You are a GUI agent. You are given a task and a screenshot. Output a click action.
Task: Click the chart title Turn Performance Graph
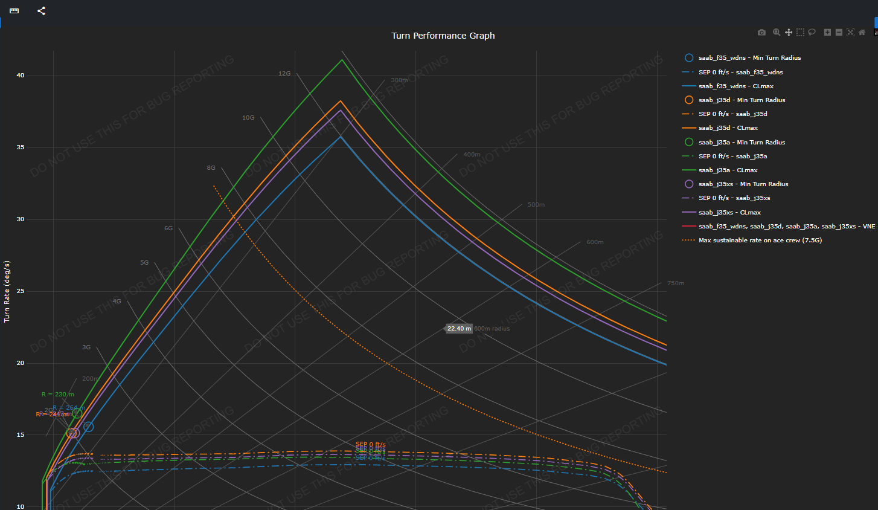(x=443, y=36)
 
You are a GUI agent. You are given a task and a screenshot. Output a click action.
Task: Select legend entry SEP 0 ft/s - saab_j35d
(x=732, y=114)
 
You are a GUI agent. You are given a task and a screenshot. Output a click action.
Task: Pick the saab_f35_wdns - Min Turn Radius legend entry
(x=749, y=58)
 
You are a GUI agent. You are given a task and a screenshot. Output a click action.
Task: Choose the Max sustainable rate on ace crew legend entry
(x=760, y=240)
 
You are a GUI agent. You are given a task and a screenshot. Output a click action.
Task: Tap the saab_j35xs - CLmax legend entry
(x=729, y=213)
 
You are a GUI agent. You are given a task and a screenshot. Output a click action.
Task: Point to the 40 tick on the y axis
(x=21, y=76)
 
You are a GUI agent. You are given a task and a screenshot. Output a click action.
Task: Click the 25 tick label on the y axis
(x=21, y=291)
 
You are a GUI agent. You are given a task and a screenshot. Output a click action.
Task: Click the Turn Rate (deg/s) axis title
(x=7, y=291)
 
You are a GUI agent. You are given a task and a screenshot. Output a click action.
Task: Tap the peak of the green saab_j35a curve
(x=342, y=60)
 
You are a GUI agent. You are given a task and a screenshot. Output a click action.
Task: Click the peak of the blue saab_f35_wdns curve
(x=341, y=137)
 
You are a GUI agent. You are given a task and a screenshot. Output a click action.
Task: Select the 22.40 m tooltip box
(x=459, y=329)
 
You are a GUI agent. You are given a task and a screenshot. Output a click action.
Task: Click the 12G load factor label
(x=284, y=74)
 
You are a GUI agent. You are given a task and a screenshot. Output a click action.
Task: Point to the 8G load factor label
(x=211, y=168)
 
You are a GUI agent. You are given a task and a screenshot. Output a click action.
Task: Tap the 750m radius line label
(x=675, y=283)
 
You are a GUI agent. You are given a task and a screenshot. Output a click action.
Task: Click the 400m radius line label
(x=472, y=155)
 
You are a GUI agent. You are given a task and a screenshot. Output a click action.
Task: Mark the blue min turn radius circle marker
(x=88, y=427)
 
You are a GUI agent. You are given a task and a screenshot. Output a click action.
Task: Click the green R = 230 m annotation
(x=58, y=395)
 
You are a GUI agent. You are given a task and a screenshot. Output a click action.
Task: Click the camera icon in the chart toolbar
(x=761, y=33)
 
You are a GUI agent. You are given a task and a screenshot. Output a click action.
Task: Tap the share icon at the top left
(x=41, y=11)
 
